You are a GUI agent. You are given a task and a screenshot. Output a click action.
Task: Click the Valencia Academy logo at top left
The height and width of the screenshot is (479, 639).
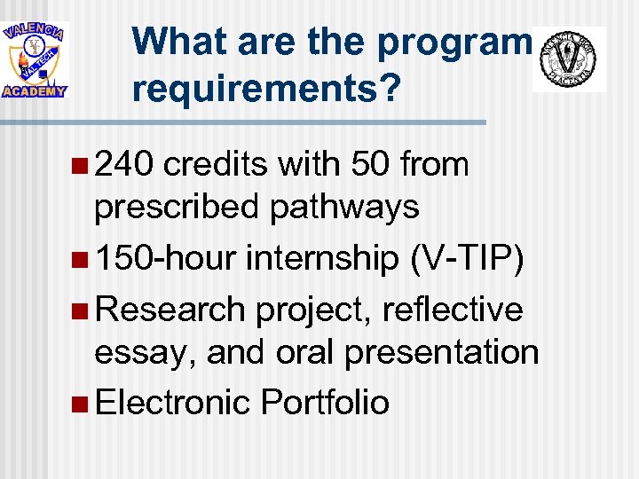tap(35, 60)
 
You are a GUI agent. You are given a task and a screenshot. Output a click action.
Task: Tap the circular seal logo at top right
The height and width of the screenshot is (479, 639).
tap(569, 59)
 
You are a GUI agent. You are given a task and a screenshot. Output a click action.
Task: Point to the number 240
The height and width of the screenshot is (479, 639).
tap(124, 164)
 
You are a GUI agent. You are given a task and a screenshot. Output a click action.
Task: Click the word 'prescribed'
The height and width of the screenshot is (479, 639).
tap(177, 207)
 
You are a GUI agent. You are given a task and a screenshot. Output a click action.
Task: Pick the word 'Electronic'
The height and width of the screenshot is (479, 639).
tap(173, 402)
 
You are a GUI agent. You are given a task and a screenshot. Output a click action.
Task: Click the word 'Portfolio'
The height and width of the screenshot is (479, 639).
tap(325, 402)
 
